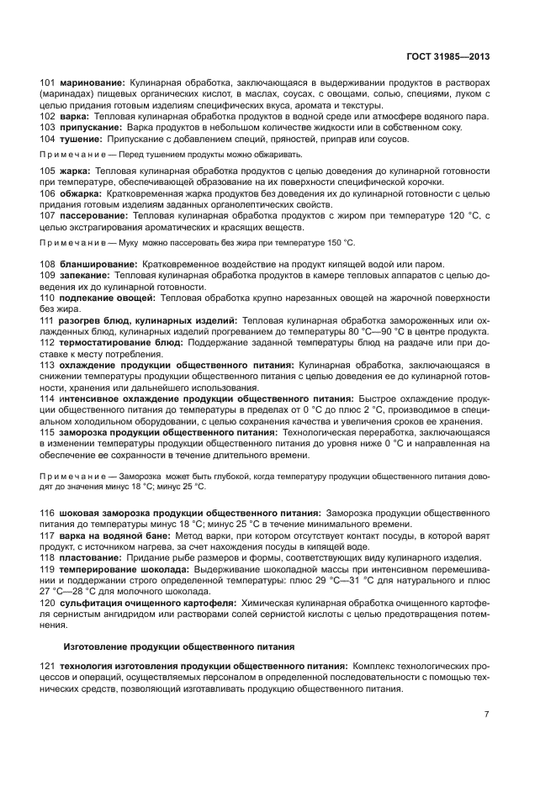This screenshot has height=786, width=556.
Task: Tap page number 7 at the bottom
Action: [x=486, y=715]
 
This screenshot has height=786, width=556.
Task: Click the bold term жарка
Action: [x=76, y=171]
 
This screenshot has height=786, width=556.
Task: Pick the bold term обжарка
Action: [x=82, y=193]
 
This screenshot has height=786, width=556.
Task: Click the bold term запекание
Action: [x=86, y=275]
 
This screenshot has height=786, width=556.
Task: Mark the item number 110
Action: [x=48, y=298]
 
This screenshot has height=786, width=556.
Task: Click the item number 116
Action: [x=48, y=512]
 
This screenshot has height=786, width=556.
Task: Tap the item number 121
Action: [x=48, y=667]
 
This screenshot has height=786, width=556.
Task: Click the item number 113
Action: [x=48, y=365]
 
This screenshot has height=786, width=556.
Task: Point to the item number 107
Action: [x=48, y=215]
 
